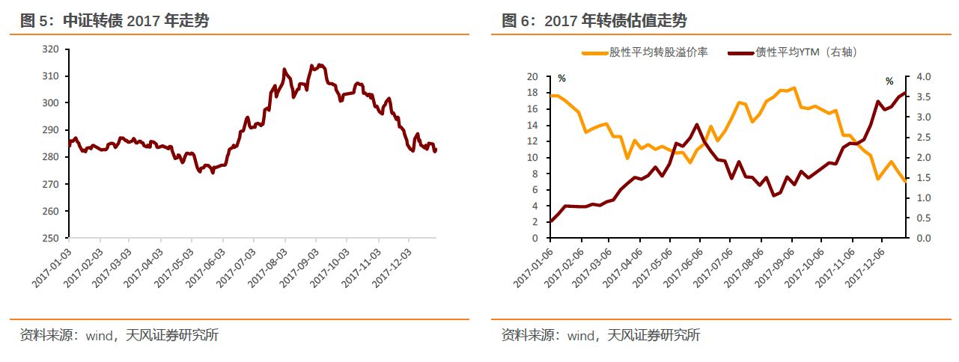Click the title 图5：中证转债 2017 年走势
[x=115, y=21]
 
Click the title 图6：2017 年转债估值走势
[x=594, y=21]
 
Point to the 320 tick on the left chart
[x=51, y=49]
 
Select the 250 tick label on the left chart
[x=51, y=239]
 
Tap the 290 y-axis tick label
[x=51, y=130]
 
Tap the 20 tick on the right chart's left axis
[x=532, y=77]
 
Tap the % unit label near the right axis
[x=889, y=81]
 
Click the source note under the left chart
[x=119, y=335]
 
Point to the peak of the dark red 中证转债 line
[x=320, y=65]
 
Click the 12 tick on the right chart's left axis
[x=532, y=141]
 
